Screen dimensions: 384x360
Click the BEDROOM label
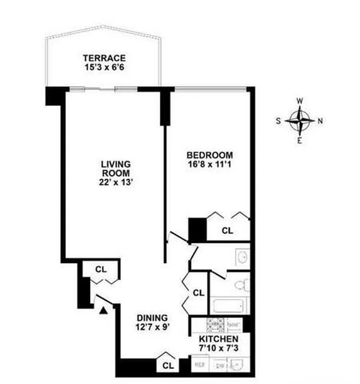(210, 155)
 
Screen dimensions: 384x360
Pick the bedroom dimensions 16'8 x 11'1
(210, 165)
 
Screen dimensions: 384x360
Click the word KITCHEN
(218, 339)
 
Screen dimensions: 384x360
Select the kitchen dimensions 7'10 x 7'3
(218, 348)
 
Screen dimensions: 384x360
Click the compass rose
(300, 120)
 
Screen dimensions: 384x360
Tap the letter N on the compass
(320, 121)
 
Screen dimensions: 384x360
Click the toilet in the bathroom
(240, 286)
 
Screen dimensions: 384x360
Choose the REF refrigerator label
(199, 365)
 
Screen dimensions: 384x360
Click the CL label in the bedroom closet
(228, 231)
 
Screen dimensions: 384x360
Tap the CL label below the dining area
(168, 365)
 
